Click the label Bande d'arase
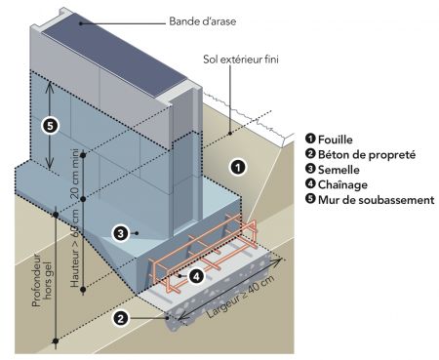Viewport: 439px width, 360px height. click(x=202, y=21)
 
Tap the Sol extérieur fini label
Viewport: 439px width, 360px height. click(x=241, y=60)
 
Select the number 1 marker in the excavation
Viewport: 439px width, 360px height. click(x=238, y=168)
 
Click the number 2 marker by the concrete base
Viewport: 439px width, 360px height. click(x=121, y=318)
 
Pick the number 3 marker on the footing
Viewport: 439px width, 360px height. click(x=121, y=233)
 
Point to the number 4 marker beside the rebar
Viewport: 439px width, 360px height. click(x=196, y=276)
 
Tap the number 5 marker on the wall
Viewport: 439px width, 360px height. click(x=50, y=126)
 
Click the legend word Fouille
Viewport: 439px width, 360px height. click(x=336, y=140)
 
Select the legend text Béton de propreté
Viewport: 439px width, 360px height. click(x=367, y=155)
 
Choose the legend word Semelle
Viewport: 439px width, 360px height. click(x=339, y=170)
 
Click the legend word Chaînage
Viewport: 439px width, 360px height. click(x=342, y=184)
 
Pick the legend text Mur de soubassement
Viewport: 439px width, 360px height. click(x=377, y=200)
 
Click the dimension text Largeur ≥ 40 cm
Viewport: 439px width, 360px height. click(x=241, y=296)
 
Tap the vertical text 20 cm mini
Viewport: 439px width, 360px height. click(x=75, y=174)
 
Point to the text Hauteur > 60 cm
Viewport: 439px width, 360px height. click(x=75, y=248)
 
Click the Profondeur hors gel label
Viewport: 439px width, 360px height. click(x=42, y=280)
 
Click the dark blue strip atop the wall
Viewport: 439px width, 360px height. click(x=114, y=55)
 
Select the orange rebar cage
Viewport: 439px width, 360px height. click(x=203, y=252)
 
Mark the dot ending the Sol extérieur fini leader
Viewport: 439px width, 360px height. click(x=230, y=133)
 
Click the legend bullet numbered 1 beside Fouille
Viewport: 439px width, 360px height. click(x=310, y=139)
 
